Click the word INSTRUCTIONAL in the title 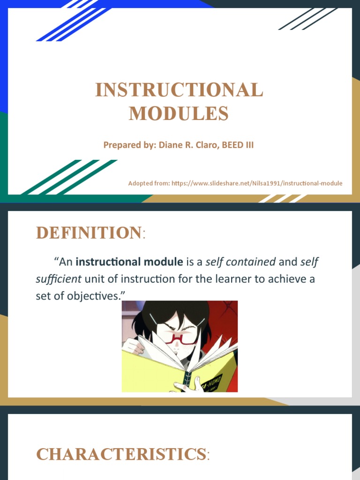click(179, 90)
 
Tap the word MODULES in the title click(179, 113)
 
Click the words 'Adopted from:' click(149, 183)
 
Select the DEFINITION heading click(89, 233)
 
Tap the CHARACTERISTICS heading click(121, 454)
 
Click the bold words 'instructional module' click(129, 262)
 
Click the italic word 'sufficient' click(59, 279)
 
